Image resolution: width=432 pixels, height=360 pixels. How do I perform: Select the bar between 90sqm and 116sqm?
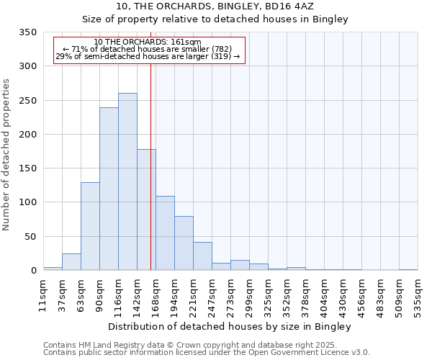pyautogui.click(x=109, y=189)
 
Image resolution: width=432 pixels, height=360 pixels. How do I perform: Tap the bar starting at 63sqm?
pyautogui.click(x=90, y=226)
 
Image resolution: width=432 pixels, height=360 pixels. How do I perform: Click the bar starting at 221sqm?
pyautogui.click(x=202, y=256)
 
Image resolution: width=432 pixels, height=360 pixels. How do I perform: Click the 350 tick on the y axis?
pyautogui.click(x=28, y=32)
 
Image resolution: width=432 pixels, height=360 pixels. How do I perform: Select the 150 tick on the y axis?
pyautogui.click(x=28, y=168)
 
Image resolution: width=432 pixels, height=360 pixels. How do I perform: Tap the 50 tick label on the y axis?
pyautogui.click(x=31, y=237)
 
